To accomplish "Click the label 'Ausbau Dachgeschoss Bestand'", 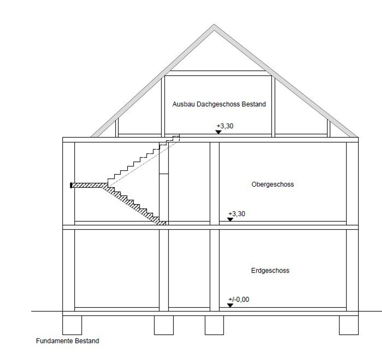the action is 219,104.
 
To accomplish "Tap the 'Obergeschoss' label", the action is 272,184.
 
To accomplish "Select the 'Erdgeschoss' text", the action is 270,271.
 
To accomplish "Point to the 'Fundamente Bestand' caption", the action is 67,346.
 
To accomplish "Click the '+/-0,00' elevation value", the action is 239,299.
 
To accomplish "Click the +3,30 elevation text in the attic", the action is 225,126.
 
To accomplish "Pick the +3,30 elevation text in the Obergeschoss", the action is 237,214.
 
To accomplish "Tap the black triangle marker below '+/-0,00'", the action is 230,305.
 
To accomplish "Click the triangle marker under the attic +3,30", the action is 218,132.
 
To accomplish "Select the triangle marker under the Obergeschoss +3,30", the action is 230,219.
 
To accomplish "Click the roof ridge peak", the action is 214,24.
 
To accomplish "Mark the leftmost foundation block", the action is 72,325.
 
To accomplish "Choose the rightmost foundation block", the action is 349,325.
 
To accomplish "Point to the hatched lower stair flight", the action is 134,205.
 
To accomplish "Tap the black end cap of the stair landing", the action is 71,186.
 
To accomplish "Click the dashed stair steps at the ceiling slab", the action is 170,140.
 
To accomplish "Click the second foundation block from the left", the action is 164,325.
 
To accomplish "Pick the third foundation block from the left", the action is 214,325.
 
